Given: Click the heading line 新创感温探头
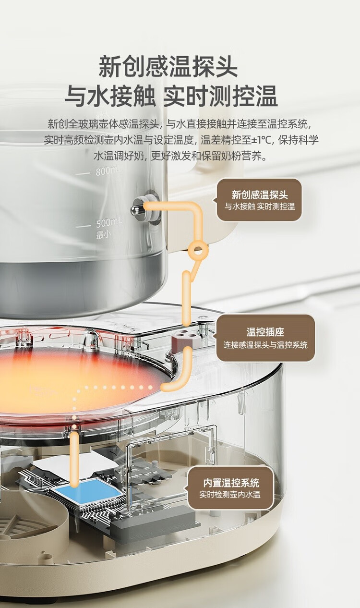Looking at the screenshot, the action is point(168,67).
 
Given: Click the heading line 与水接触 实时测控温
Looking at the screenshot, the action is point(171,96).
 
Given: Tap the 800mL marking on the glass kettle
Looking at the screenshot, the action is point(107,170).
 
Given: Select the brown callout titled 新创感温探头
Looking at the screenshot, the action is point(259,200).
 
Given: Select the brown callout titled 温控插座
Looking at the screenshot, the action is point(265,338).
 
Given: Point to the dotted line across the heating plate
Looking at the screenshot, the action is point(115,387).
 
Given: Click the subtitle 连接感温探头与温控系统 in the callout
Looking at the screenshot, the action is point(265,345).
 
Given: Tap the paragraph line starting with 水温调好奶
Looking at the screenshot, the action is point(180,156).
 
